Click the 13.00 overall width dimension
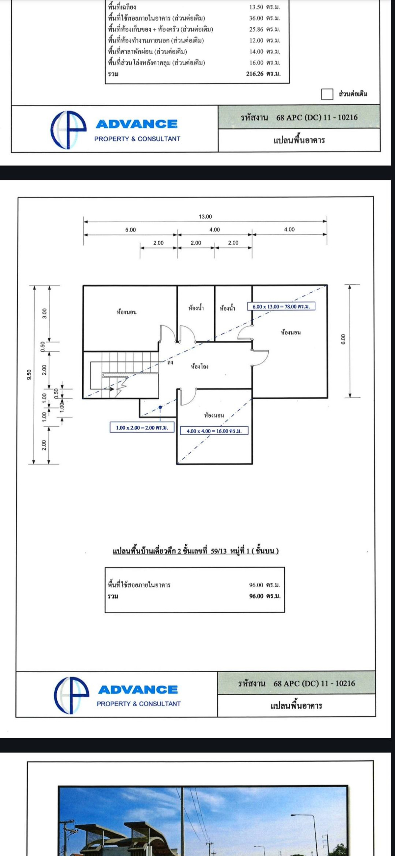[x=205, y=217]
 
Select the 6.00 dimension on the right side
[x=343, y=339]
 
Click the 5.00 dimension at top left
[x=130, y=229]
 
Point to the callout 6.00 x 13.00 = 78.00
[x=281, y=307]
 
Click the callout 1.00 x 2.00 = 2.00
[x=142, y=428]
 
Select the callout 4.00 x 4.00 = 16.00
[x=214, y=431]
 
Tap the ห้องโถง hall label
[x=199, y=366]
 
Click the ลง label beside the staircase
[x=170, y=362]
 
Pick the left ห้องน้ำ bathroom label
[x=196, y=308]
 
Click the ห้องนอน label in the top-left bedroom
[x=127, y=312]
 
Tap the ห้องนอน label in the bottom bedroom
[x=214, y=415]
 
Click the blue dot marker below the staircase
[x=160, y=407]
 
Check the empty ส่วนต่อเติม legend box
[x=327, y=94]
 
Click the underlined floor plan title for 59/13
[x=196, y=551]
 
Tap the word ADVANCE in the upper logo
[x=137, y=124]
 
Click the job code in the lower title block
[x=297, y=683]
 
